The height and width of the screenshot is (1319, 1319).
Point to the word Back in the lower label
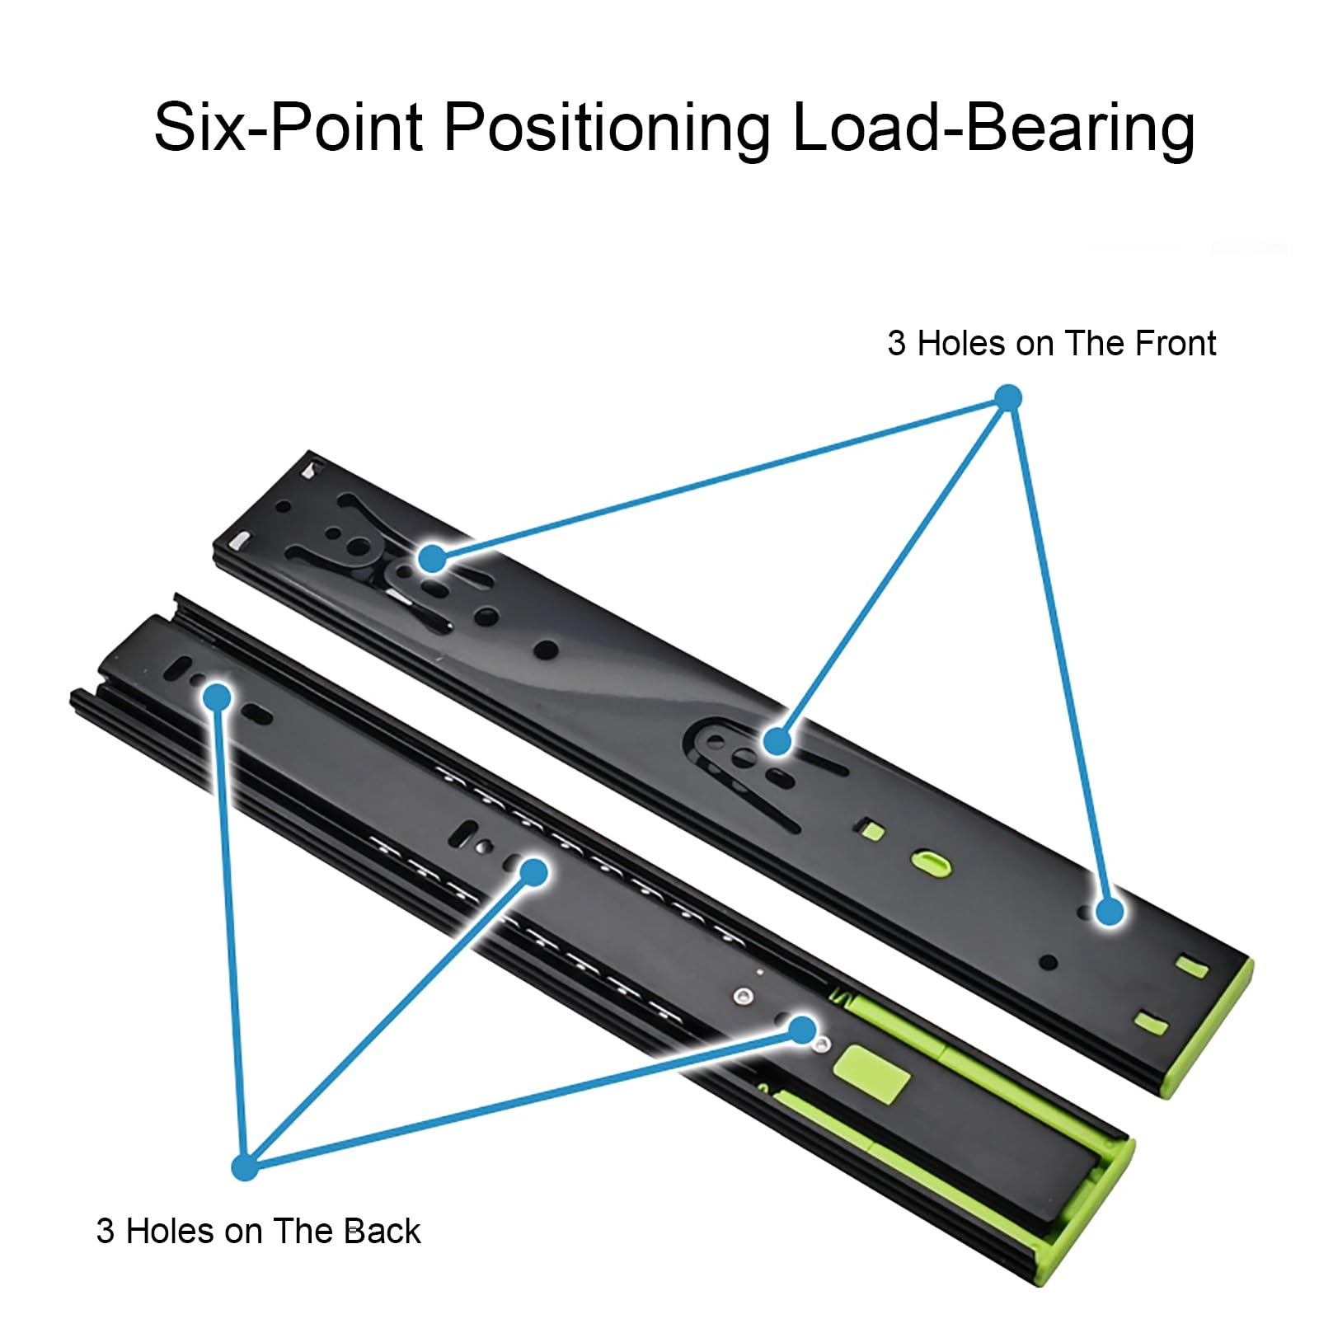pyautogui.click(x=382, y=1231)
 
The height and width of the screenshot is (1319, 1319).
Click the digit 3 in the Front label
pyautogui.click(x=896, y=344)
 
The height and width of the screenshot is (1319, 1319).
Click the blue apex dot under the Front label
pyautogui.click(x=1007, y=398)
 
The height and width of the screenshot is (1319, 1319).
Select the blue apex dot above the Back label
pyautogui.click(x=245, y=1166)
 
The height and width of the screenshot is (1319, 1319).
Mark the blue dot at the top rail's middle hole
pyautogui.click(x=777, y=741)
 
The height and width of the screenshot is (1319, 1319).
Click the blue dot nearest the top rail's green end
pyautogui.click(x=1110, y=911)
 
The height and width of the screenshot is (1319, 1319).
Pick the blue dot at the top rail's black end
pyautogui.click(x=431, y=559)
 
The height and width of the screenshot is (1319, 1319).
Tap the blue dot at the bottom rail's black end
pyautogui.click(x=218, y=697)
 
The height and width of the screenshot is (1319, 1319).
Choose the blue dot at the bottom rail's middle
pyautogui.click(x=534, y=872)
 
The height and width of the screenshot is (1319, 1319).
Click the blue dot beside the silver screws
pyautogui.click(x=801, y=1029)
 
